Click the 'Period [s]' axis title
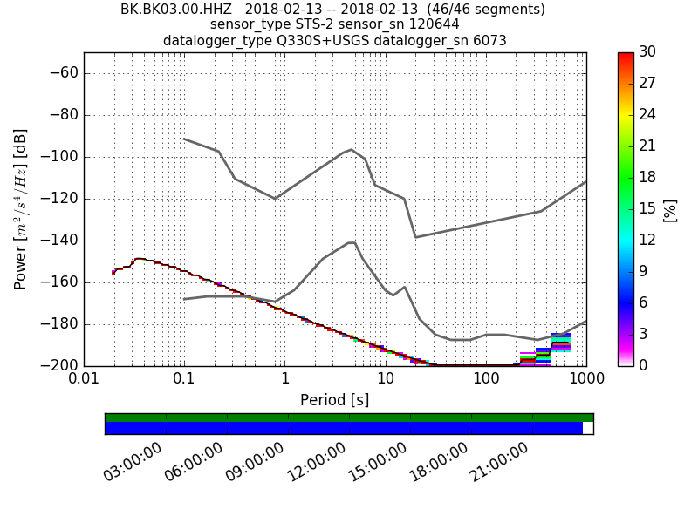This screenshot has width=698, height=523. [335, 400]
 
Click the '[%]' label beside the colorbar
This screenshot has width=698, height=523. [670, 209]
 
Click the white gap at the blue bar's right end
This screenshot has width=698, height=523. [588, 428]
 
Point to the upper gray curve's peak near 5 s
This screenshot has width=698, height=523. [351, 149]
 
